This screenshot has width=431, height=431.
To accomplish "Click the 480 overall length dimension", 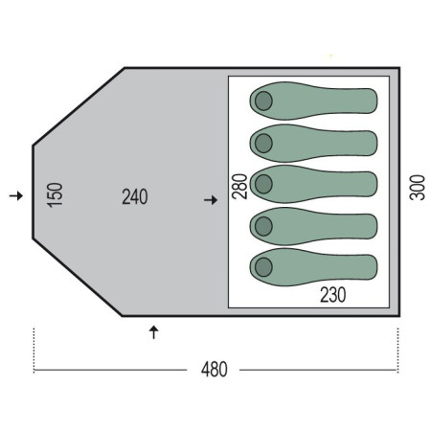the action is click(215, 370).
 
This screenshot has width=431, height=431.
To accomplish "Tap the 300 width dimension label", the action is click(418, 188).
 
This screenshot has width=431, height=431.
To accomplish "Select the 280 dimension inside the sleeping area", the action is click(239, 187).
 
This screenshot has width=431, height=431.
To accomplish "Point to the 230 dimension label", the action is click(333, 295).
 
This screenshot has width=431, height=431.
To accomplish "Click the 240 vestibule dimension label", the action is click(135, 196).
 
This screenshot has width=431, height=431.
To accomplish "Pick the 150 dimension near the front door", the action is click(55, 194).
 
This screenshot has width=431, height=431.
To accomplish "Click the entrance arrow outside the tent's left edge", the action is click(16, 195).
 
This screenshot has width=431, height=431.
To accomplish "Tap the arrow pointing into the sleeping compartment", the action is click(211, 200).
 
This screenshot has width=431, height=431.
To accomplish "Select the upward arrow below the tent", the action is click(154, 332).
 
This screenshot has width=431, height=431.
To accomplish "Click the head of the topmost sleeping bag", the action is click(263, 101).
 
